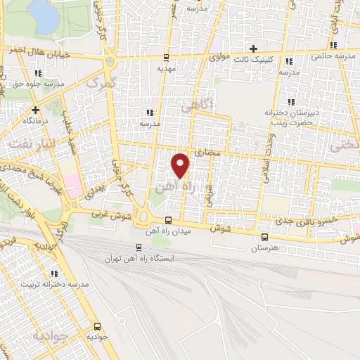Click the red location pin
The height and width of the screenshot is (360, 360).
(181, 165)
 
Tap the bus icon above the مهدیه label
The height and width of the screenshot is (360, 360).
(165, 58)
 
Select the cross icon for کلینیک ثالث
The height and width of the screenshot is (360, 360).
(253, 49)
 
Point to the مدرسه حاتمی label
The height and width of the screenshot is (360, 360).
(333, 55)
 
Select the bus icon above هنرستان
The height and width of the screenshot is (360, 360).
(264, 237)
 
